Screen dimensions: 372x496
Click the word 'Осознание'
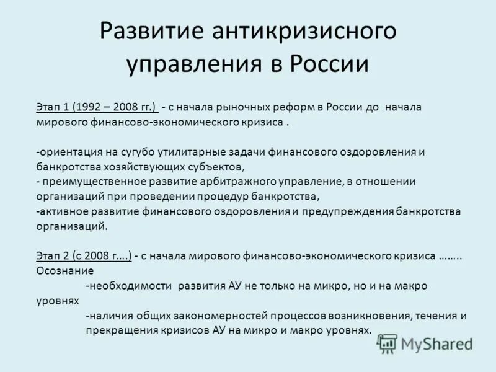[x=65, y=271]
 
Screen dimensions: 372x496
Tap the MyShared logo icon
[x=388, y=342]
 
